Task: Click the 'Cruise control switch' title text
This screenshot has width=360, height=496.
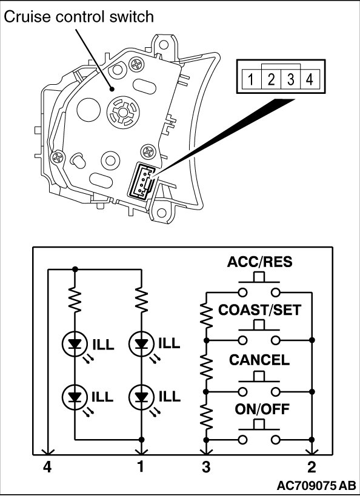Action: click(x=79, y=17)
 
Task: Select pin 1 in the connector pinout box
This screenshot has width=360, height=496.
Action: click(x=251, y=79)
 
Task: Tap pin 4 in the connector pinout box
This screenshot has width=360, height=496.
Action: click(x=310, y=79)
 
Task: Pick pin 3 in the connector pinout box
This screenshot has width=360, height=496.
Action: click(x=291, y=79)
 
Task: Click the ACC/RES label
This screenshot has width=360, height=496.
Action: click(x=259, y=262)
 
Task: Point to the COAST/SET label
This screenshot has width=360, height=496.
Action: click(x=259, y=310)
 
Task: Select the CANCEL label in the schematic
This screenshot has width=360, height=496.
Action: click(x=259, y=360)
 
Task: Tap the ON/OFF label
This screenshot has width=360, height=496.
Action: click(x=262, y=409)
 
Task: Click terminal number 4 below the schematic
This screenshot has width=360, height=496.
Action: click(x=47, y=467)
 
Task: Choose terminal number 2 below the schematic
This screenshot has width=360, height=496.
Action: click(x=312, y=467)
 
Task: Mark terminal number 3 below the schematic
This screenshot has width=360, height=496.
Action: click(x=206, y=467)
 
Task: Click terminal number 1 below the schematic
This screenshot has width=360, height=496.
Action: click(x=141, y=467)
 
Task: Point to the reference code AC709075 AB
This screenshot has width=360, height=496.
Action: click(x=316, y=486)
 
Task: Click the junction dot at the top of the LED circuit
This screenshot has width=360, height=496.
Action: click(x=75, y=269)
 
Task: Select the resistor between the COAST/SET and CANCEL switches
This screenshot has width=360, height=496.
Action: click(x=206, y=366)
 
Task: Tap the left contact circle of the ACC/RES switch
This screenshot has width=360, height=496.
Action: click(x=243, y=293)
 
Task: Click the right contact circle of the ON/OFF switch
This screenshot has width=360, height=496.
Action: click(x=276, y=440)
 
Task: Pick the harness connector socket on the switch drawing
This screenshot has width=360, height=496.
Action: click(x=141, y=182)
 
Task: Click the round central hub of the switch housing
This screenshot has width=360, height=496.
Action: click(x=123, y=112)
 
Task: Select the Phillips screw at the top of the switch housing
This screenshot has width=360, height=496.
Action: click(x=137, y=65)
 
